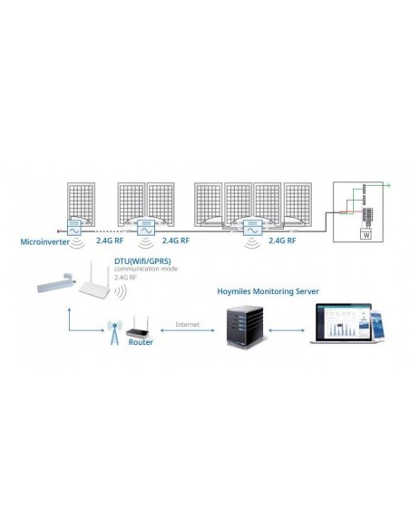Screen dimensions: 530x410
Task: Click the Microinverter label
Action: [x=44, y=242]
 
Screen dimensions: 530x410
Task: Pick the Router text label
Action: [x=142, y=342]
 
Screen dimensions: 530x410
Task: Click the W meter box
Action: [x=366, y=233]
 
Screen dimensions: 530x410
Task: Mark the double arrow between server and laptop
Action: [x=290, y=330]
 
